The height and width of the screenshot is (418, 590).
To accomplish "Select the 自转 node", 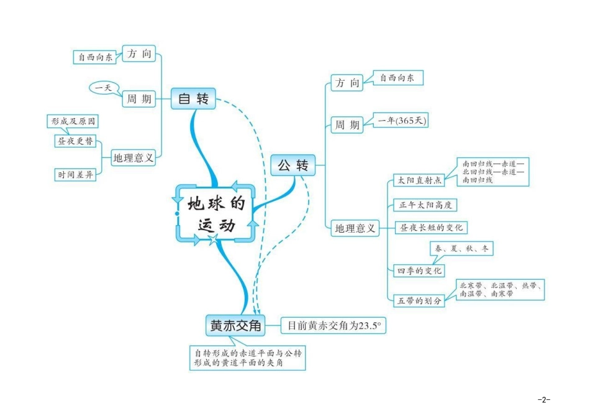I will point(193,98).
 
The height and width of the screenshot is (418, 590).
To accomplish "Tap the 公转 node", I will point(293,165).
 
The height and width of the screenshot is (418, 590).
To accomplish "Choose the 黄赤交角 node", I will point(235,325).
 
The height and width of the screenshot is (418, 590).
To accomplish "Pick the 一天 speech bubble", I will point(102,88).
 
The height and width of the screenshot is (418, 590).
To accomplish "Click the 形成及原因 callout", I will point(73,121).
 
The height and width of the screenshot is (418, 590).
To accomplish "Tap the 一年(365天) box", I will point(400,120).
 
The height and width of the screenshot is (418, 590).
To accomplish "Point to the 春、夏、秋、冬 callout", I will point(461,249).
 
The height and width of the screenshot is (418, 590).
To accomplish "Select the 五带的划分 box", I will point(420,300).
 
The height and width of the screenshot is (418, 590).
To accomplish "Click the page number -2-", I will point(544,399).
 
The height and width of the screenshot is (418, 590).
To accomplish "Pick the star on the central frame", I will point(213,239).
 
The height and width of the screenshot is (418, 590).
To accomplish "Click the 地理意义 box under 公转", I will point(355,228).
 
